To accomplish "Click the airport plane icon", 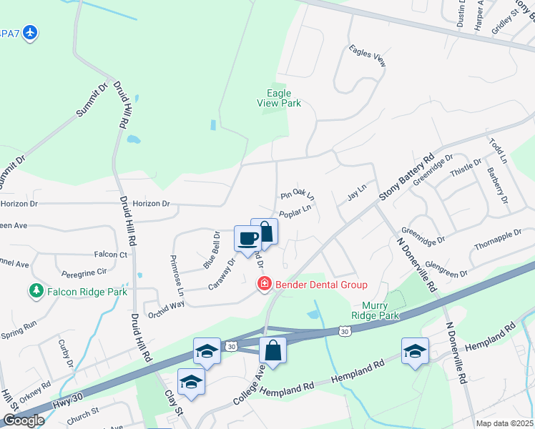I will click(x=29, y=32).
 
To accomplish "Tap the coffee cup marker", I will click(x=247, y=238).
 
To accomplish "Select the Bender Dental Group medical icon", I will click(x=264, y=285).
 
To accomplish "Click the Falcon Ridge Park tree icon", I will click(x=35, y=291).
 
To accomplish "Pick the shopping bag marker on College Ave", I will click(x=273, y=350).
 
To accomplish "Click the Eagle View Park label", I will click(x=279, y=98).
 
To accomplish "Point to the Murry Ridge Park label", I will click(x=376, y=310).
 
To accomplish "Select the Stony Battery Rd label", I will click(x=408, y=179).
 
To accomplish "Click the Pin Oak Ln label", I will click(x=298, y=195).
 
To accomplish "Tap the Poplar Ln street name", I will click(x=295, y=212).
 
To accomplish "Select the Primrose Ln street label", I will click(x=177, y=275).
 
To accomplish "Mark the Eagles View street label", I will click(x=368, y=56).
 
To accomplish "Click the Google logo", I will click(x=24, y=420).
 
